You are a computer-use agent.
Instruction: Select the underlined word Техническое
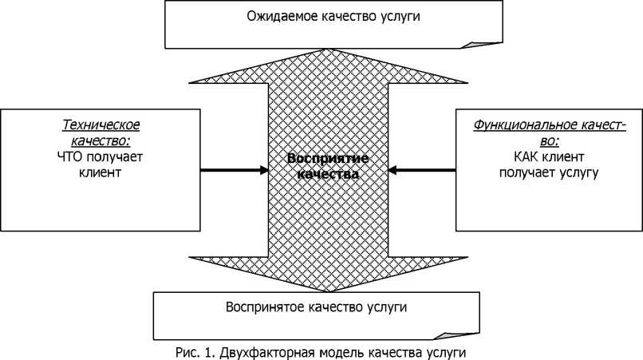tap(101, 125)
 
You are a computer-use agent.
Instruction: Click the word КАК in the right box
tap(511, 156)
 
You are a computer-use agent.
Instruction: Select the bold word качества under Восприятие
tap(321, 172)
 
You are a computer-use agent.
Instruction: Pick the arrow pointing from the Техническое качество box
tap(234, 169)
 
